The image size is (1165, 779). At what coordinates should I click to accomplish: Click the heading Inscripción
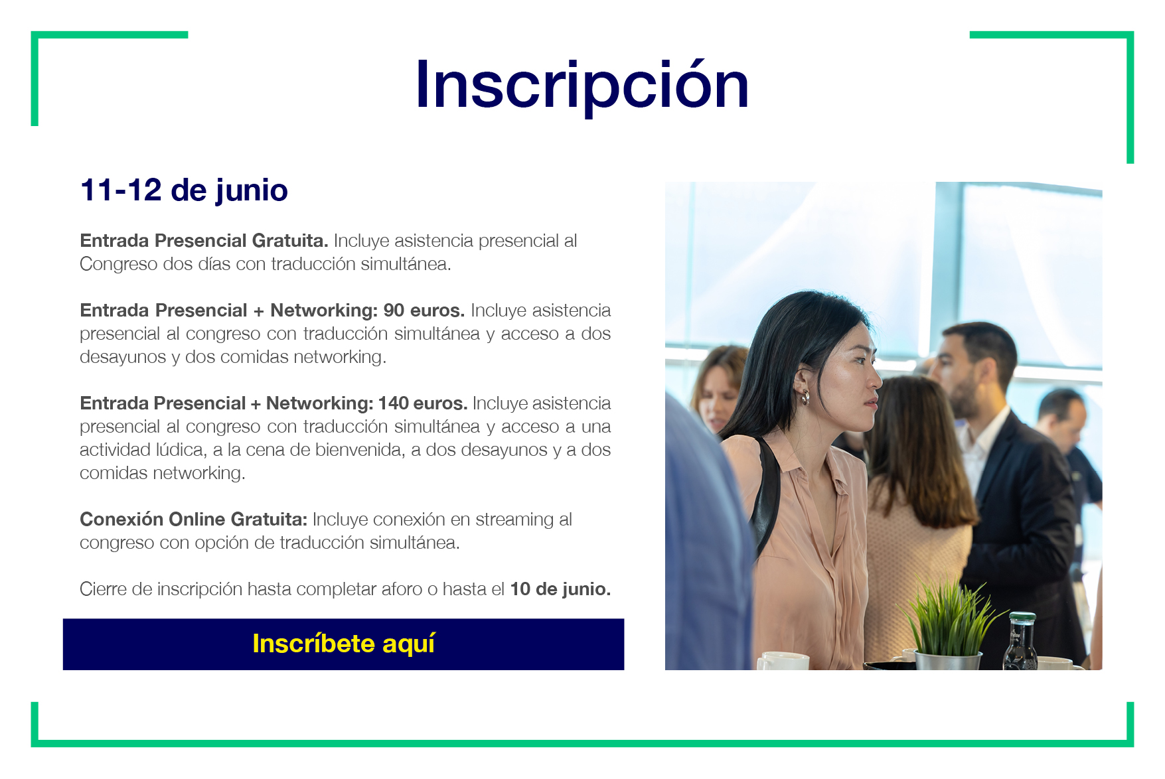coord(582,86)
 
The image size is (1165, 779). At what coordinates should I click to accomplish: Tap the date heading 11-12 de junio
coord(184,190)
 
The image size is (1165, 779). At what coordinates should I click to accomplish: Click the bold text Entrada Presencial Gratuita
coord(204,240)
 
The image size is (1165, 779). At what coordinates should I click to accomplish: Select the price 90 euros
coord(424,310)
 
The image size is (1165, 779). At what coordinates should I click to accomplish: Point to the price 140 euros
coord(423,403)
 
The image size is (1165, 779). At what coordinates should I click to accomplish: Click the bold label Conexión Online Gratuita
coord(193,519)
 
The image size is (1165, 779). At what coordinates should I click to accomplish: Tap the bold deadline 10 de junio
coord(560,589)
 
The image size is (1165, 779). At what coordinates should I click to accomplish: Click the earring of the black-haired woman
coord(805,397)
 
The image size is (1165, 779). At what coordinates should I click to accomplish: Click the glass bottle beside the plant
coord(1020,642)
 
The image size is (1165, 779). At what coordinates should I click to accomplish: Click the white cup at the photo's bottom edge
coord(783,661)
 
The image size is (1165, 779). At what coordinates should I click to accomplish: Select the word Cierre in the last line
coord(103,589)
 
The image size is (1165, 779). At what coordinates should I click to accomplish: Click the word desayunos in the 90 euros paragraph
coord(123,357)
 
